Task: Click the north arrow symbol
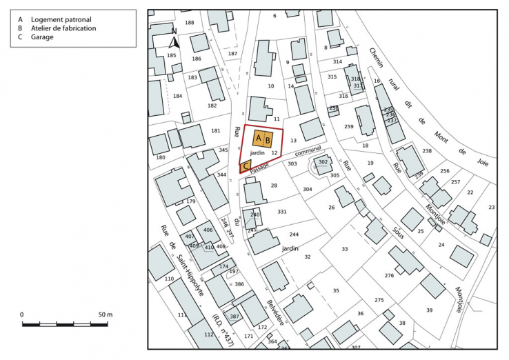tap(174, 41)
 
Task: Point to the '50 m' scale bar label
tap(104, 314)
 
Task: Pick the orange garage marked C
tap(246, 166)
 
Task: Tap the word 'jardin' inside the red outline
tap(257, 152)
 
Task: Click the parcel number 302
tap(323, 162)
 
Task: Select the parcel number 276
tap(389, 276)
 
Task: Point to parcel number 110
tap(169, 279)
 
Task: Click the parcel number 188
tap(190, 23)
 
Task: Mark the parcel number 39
tap(429, 310)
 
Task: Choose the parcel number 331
tap(281, 212)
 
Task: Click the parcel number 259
tap(349, 127)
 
